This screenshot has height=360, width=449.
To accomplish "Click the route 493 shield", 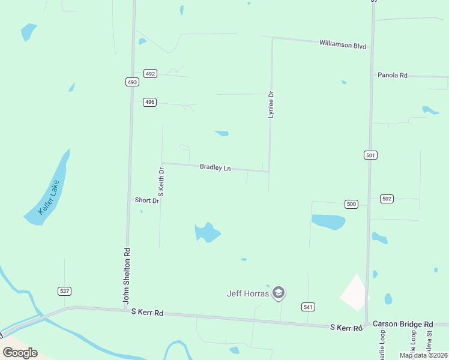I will point(132,82).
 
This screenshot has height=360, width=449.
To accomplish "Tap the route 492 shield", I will point(150,74).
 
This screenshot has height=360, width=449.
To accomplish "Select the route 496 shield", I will point(149,102).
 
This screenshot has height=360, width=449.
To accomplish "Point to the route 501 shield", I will point(370,155).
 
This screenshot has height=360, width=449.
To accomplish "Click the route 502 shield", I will point(387,198).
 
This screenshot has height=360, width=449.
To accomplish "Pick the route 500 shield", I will point(352,204).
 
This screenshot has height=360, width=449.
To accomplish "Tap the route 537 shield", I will point(65,291).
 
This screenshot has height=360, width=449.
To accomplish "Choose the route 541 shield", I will point(308,307).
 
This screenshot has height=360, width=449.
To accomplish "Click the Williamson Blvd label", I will point(342,44).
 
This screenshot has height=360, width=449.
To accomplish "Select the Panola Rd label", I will point(393,75).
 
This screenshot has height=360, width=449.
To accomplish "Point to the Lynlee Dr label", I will point(271,104).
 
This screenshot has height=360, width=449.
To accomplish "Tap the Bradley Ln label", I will point(215,167).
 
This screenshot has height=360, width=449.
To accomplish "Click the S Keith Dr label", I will point(161,183).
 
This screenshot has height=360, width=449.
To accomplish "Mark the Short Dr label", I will point(146,200).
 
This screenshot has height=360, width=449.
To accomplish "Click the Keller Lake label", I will point(49,197).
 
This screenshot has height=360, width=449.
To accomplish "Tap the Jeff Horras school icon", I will point(278,293).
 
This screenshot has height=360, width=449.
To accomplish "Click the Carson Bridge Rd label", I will point(402,323).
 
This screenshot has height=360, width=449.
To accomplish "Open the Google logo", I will point(20,352).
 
